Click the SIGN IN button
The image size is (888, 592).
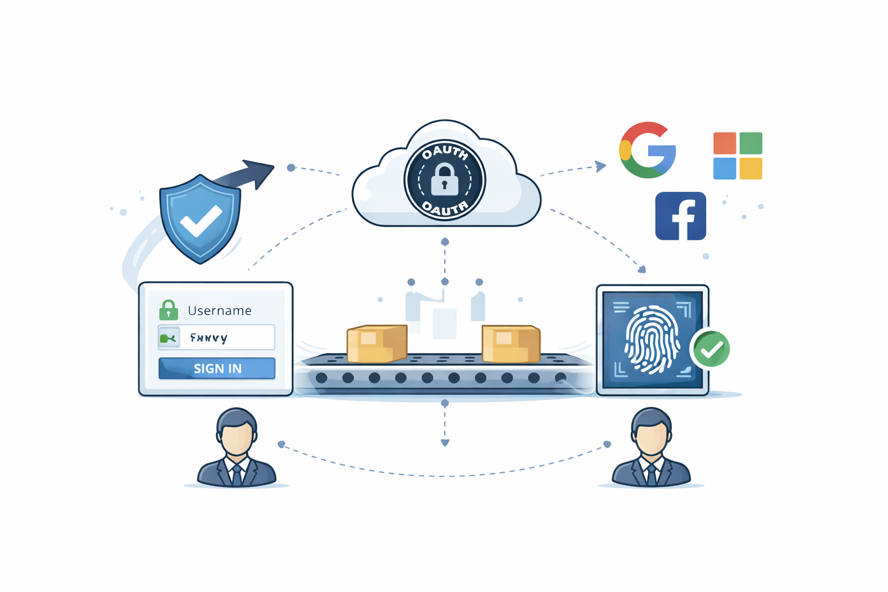click(217, 368)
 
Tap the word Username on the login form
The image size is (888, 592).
click(219, 310)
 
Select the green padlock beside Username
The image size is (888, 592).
click(168, 310)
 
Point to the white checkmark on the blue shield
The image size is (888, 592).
click(201, 220)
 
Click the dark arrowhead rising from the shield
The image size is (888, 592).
click(260, 171)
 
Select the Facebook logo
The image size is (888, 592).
click(680, 216)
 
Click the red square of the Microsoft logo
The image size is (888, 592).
click(724, 143)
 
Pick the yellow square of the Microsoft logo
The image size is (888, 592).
click(750, 169)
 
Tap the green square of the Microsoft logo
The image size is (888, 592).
click(750, 143)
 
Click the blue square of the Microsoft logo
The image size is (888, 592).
click(724, 169)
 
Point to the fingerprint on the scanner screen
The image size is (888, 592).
click(652, 339)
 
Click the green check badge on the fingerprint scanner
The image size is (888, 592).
click(711, 349)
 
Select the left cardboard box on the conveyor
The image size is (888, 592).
click(377, 343)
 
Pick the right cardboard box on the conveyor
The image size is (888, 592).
click(510, 343)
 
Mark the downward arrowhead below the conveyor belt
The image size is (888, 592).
click(445, 443)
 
